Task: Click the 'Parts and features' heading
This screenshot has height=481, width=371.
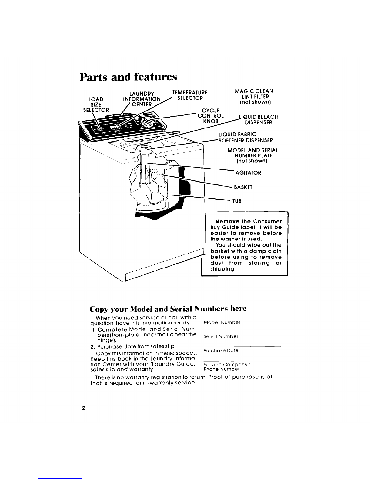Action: [129, 77]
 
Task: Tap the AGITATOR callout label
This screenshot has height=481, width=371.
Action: [248, 173]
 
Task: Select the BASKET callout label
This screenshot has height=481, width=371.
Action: [243, 187]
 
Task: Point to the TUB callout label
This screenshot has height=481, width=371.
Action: [237, 201]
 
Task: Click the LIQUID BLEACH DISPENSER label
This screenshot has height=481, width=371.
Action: [258, 120]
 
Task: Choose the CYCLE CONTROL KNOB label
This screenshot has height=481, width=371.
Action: [211, 116]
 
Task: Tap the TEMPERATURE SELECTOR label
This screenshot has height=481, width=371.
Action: [190, 95]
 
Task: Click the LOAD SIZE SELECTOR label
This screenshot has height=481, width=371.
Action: [96, 104]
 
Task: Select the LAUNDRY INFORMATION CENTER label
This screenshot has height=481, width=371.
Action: [142, 99]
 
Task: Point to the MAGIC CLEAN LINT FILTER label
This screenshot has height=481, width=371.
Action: [255, 97]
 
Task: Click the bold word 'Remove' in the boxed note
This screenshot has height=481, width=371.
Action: [228, 222]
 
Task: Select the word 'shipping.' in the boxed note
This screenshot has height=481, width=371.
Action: [223, 269]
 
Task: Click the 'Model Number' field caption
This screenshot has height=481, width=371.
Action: [222, 322]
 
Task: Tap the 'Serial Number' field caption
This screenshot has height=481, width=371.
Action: [221, 336]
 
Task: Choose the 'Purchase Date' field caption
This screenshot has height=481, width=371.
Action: [221, 350]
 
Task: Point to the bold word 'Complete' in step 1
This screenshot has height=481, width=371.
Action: [112, 329]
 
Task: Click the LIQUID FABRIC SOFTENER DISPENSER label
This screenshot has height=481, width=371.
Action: [246, 138]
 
